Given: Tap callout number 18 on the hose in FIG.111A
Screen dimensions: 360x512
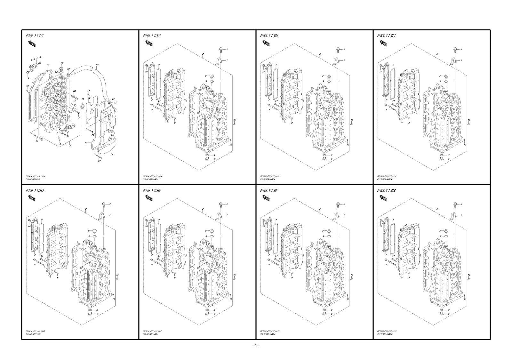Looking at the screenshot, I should click(x=97, y=65).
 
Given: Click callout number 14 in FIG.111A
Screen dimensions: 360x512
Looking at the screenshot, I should click(x=112, y=155).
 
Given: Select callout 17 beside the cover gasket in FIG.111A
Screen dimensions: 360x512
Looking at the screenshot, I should click(x=86, y=142).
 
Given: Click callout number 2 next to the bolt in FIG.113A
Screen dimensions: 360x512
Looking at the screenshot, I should click(x=227, y=49).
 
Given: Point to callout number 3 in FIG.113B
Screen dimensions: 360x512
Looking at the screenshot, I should click(x=320, y=54).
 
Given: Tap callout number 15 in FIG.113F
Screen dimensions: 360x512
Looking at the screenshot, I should click(x=352, y=275).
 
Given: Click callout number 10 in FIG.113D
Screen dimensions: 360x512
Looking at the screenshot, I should click(x=29, y=226).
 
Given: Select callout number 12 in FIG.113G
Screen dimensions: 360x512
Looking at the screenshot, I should click(x=466, y=299).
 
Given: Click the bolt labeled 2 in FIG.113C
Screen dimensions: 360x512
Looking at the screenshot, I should click(x=454, y=49).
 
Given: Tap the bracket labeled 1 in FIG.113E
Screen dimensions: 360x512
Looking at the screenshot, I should click(x=220, y=215).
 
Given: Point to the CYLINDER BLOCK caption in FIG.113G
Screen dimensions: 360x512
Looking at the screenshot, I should click(x=385, y=334).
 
